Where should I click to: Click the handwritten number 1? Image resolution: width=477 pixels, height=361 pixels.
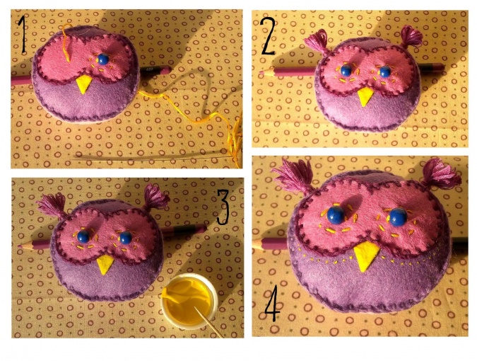pos(22,35)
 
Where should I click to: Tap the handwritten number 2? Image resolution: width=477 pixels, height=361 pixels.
pos(268,36)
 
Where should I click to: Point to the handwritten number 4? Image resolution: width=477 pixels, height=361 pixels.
pos(272,302)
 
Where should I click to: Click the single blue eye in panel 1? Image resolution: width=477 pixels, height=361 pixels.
pos(103,59)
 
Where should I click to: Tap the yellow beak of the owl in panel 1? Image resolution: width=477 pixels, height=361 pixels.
pos(84,84)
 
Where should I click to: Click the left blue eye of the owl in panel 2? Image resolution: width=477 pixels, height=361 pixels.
pos(346,70)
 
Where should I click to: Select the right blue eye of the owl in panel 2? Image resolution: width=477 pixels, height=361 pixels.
pos(385,71)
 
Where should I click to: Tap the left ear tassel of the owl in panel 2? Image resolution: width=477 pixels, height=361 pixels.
pos(317,42)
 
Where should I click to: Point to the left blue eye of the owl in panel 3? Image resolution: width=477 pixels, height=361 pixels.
pos(83,236)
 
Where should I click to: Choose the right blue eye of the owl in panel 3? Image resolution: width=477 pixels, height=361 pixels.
pos(126,238)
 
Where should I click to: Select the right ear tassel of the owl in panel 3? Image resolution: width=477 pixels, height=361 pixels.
pos(155,198)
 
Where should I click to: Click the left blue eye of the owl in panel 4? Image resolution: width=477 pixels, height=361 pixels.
pos(336,215)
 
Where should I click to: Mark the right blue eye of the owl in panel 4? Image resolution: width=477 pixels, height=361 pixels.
pos(399,217)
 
